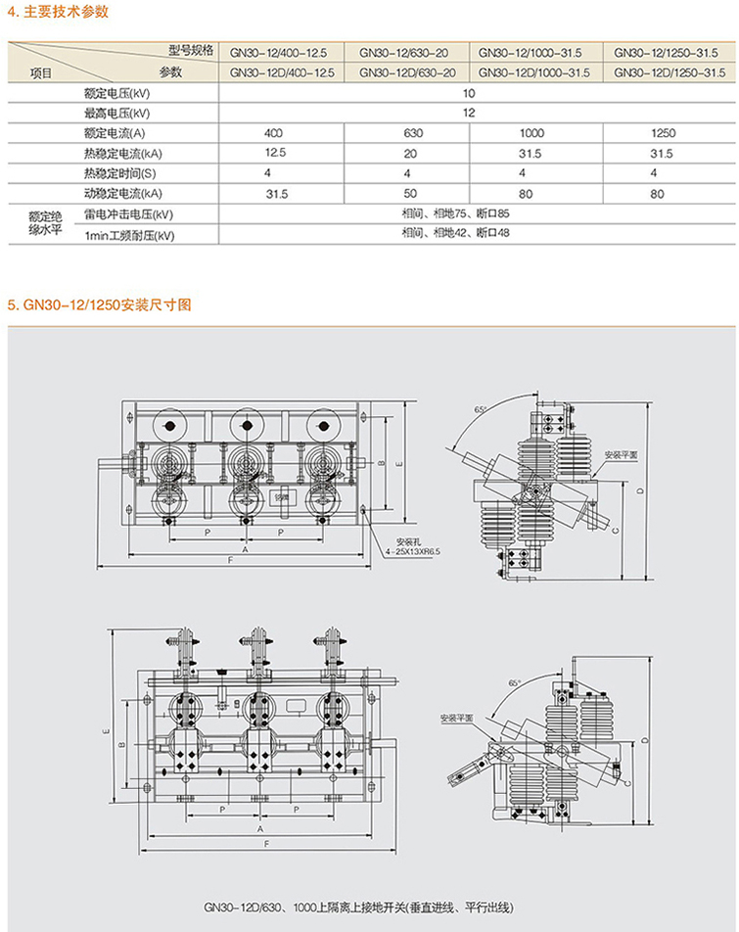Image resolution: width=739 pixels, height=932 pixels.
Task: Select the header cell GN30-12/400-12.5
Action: click(282, 51)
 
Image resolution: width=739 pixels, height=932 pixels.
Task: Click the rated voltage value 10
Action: click(469, 93)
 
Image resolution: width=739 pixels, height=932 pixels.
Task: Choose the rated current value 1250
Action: click(663, 133)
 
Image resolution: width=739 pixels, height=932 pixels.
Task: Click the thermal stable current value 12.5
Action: click(275, 153)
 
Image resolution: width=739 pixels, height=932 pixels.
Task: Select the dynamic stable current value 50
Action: click(410, 194)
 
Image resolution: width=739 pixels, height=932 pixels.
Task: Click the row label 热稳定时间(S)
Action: click(120, 173)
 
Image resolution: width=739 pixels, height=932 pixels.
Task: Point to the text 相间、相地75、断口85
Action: click(455, 213)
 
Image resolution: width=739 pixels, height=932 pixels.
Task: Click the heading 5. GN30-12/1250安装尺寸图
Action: click(99, 304)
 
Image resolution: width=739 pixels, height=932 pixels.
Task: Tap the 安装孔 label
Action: click(406, 541)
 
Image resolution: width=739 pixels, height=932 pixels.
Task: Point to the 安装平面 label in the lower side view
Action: click(456, 719)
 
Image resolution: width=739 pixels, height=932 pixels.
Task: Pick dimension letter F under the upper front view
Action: click(230, 559)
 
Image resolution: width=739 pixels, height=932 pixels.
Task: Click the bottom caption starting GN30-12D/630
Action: click(376, 907)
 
